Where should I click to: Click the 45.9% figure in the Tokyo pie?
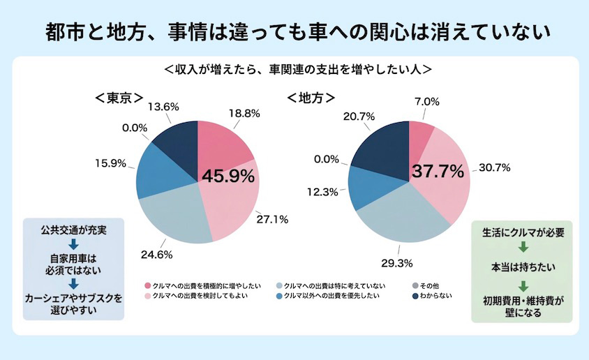pyautogui.click(x=228, y=177)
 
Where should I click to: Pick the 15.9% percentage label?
pyautogui.click(x=110, y=164)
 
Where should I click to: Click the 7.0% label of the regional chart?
pyautogui.click(x=427, y=102)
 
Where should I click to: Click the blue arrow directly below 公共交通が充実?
pyautogui.click(x=73, y=243)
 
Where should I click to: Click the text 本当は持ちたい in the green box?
pyautogui.click(x=522, y=266)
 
